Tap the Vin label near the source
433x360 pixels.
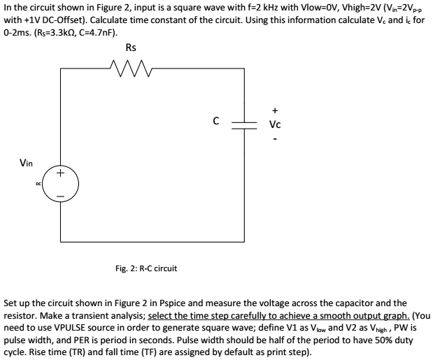coord(26,163)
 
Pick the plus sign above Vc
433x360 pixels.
coord(276,110)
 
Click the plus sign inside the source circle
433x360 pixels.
coord(61,173)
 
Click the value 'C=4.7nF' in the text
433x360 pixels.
coord(100,32)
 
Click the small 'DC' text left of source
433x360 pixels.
coord(38,184)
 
